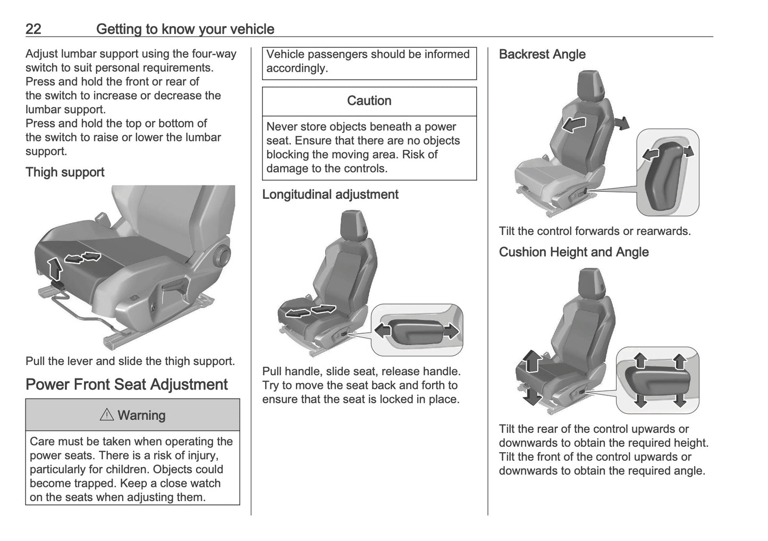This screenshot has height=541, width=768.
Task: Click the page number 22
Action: point(33,29)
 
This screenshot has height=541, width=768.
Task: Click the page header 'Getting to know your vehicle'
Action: point(185,29)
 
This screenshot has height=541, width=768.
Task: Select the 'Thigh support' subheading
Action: point(65,172)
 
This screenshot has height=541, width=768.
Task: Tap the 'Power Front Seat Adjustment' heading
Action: point(126,384)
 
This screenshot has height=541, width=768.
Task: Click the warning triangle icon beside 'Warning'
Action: point(107,415)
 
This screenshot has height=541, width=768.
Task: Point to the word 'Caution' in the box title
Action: point(369,100)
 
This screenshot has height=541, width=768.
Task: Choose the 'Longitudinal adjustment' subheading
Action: point(330,195)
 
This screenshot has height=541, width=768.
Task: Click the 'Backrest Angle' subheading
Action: point(542,54)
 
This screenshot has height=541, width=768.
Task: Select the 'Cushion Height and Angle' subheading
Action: point(573,252)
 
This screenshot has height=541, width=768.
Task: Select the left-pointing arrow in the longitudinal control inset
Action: point(383,330)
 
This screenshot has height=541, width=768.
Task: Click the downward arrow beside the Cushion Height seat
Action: point(532,395)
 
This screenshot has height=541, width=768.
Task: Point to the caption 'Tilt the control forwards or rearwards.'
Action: point(595,231)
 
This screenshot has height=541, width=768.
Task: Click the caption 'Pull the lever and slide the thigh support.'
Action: point(130,361)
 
